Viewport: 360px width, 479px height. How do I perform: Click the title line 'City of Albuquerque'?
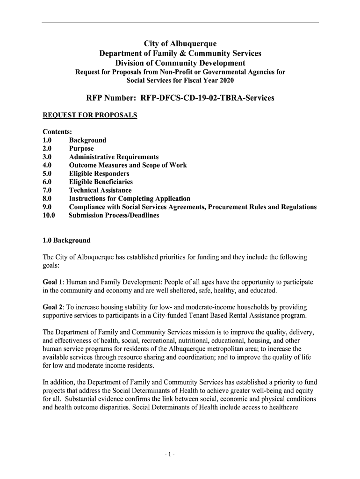click(180, 44)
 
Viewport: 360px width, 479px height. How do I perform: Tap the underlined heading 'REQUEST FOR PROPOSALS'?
click(90, 115)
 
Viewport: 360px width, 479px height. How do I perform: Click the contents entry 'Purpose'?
click(81, 149)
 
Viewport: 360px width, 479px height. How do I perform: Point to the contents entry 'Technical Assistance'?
click(100, 190)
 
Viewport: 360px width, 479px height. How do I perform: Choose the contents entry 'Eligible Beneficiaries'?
click(101, 182)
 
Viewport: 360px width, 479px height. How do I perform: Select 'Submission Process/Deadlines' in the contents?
click(114, 216)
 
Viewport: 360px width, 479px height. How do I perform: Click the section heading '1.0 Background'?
click(66, 240)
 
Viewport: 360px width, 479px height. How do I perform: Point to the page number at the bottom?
click(180, 454)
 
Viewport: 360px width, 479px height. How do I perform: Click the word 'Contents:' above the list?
click(57, 132)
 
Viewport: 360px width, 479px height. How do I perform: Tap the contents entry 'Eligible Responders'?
click(99, 174)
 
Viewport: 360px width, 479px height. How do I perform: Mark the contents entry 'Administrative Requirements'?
click(114, 157)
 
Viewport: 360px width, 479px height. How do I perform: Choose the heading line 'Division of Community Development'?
click(180, 63)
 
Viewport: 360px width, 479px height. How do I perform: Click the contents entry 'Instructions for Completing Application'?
click(130, 199)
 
